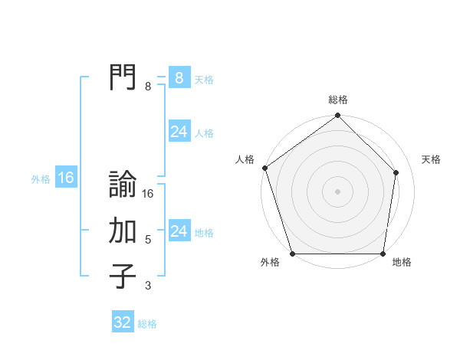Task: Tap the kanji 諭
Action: (123, 185)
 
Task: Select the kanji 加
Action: (123, 231)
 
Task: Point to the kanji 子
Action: (123, 277)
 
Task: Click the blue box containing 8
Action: (179, 78)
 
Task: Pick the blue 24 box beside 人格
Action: (179, 132)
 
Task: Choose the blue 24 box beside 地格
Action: (179, 231)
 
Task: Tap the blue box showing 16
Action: (66, 178)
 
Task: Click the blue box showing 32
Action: (123, 322)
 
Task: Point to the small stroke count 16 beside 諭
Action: (148, 194)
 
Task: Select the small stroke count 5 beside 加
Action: (148, 240)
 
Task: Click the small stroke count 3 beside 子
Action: (148, 286)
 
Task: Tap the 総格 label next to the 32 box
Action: (147, 324)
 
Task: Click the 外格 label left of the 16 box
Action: (41, 179)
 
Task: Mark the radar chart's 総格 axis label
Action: (338, 100)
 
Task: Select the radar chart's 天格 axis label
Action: (432, 159)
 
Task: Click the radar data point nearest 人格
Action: (264, 168)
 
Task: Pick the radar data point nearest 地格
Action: (383, 254)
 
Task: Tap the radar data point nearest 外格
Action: (292, 254)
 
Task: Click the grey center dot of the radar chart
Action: (337, 191)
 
